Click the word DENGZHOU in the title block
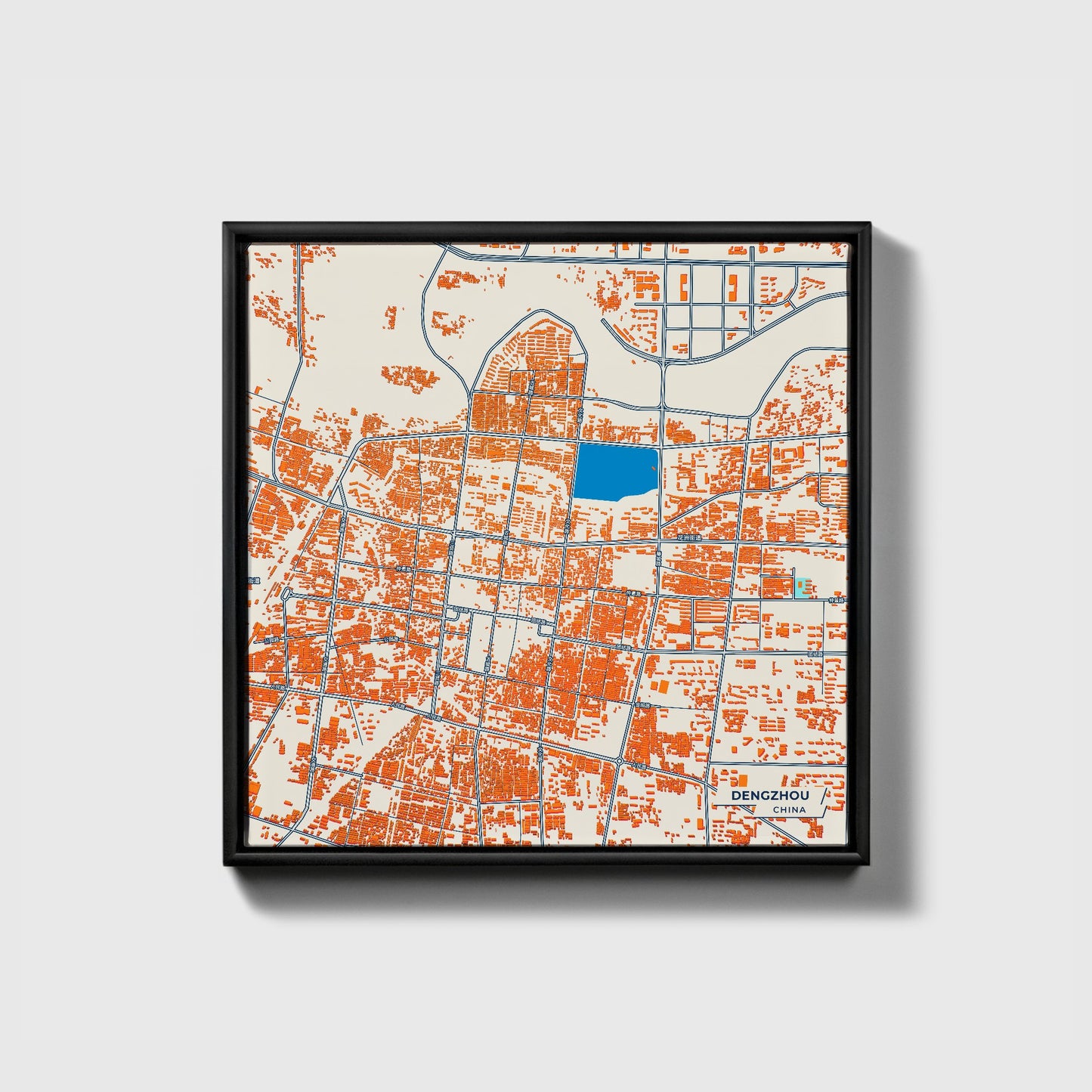click(766, 796)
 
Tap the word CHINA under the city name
click(789, 809)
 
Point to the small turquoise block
click(800, 588)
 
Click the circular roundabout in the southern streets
click(620, 760)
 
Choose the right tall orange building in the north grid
click(732, 286)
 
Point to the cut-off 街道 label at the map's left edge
click(254, 580)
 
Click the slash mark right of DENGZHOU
click(821, 797)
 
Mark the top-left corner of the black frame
click(225, 224)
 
